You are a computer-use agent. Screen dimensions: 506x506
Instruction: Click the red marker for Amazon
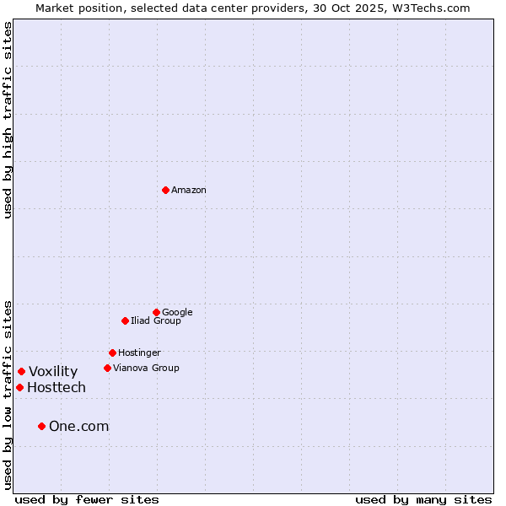[165, 190]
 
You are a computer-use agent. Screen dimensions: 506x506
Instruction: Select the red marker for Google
[156, 312]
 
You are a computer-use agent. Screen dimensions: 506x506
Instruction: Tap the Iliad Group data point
[125, 320]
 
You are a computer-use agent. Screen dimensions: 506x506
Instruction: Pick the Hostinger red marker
[112, 353]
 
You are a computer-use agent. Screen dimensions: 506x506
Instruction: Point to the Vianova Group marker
[107, 368]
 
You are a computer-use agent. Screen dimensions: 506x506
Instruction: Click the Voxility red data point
[21, 371]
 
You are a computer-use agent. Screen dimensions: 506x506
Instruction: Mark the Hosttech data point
[19, 387]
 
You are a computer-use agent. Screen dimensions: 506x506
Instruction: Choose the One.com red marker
[41, 426]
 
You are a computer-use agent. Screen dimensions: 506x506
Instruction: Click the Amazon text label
[189, 191]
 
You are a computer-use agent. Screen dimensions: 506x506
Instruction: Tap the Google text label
[177, 313]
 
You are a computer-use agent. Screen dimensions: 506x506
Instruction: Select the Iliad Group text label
[156, 321]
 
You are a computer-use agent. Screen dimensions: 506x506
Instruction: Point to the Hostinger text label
[139, 353]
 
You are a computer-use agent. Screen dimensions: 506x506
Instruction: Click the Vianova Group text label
[146, 369]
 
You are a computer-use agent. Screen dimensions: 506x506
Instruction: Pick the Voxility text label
[53, 372]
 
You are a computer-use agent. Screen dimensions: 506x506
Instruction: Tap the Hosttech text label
[57, 388]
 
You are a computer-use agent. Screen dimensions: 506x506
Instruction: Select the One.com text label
[79, 427]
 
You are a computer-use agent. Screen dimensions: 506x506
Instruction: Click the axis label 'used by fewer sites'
[87, 499]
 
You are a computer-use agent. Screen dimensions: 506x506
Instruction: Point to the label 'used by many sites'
[423, 499]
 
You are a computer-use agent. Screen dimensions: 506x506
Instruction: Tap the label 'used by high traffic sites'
[8, 120]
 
